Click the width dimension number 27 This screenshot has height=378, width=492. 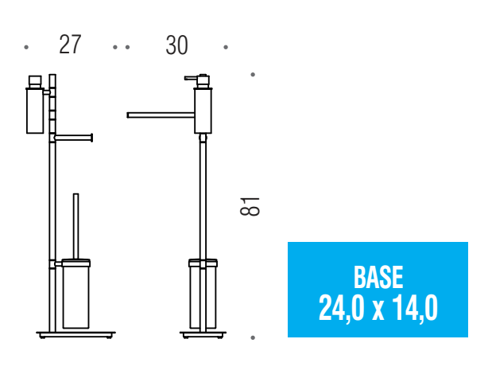[70, 45]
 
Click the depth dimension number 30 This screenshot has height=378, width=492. [177, 45]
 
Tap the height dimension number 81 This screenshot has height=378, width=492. [250, 206]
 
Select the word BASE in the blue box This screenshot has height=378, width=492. [378, 277]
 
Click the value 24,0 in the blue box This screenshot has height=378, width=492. [342, 308]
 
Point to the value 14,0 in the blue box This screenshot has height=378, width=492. [415, 308]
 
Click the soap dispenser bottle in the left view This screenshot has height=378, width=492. [35, 111]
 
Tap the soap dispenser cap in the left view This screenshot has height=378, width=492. [35, 81]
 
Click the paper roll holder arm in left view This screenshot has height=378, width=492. [74, 138]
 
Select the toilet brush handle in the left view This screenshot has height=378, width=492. [76, 226]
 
